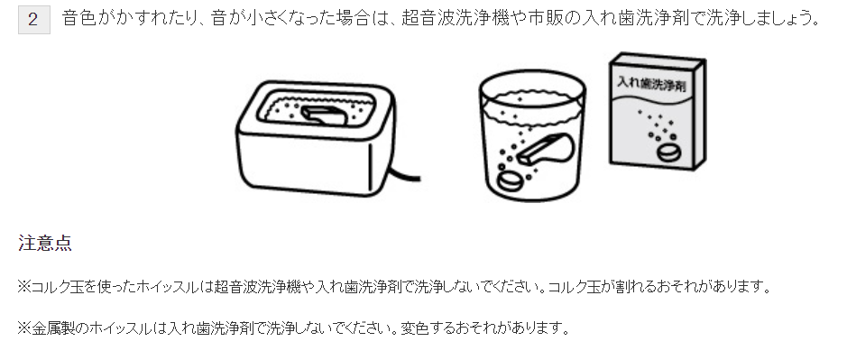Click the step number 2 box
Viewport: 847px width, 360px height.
point(32,19)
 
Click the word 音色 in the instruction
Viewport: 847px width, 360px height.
point(78,19)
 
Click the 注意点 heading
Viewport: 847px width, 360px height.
point(44,244)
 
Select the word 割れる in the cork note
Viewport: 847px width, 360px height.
point(638,287)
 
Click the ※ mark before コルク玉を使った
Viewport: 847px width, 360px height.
point(24,287)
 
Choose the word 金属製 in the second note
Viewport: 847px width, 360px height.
point(51,327)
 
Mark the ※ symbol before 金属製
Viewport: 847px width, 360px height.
point(24,327)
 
